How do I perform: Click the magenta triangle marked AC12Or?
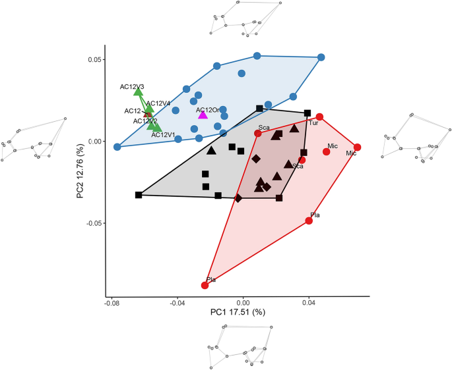point(203,115)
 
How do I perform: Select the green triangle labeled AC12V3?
point(138,92)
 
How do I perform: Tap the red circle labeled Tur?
point(319,117)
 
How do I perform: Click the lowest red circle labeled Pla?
point(205,285)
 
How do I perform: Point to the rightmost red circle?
point(357,147)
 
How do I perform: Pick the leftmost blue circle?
point(117,147)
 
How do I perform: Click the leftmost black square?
point(139,195)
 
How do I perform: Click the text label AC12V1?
point(163,135)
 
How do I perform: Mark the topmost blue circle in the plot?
point(257,56)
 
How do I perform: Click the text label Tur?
point(313,123)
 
